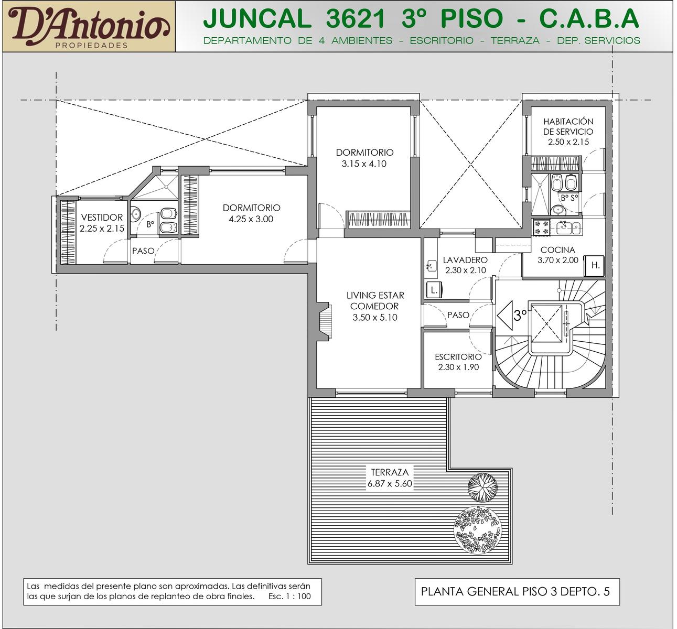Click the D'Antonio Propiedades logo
(89, 27)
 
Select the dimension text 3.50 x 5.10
(375, 318)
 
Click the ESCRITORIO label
(458, 357)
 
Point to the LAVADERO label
(465, 260)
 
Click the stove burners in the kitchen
(541, 227)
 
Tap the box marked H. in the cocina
(595, 265)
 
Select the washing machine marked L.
(434, 290)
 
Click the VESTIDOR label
(102, 218)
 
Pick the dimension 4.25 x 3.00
(251, 219)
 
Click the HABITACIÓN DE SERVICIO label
(568, 126)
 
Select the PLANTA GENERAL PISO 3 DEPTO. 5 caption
(515, 591)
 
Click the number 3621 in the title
(355, 18)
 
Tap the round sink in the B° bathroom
(135, 214)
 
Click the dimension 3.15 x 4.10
(364, 164)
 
